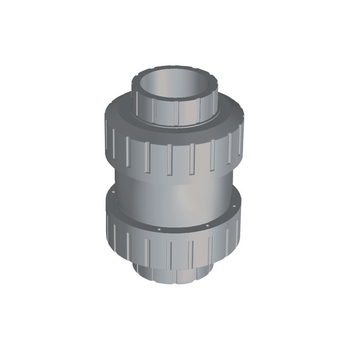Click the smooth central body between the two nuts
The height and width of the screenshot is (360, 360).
pyautogui.click(x=180, y=200)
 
